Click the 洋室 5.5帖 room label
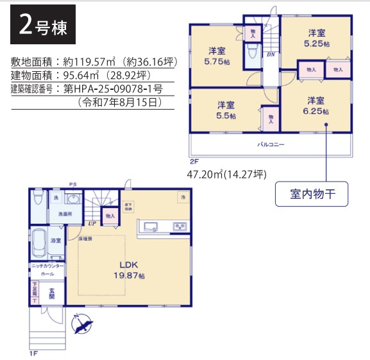(x=225, y=110)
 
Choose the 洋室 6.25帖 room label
(x=316, y=106)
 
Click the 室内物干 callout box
(x=312, y=193)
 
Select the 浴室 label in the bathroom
(x=56, y=241)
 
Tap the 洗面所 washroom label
(x=65, y=214)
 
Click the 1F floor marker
(x=33, y=353)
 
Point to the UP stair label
(x=93, y=224)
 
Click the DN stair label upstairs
(x=271, y=55)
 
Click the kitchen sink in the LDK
(x=152, y=226)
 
